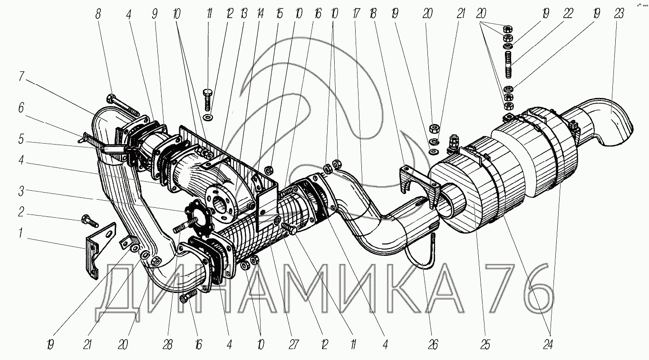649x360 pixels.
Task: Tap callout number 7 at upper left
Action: [x=21, y=76]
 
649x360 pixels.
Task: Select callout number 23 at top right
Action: [x=618, y=14]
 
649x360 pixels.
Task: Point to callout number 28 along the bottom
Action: [x=167, y=345]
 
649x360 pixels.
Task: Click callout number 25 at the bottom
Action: [x=485, y=345]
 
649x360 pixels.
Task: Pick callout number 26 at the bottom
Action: [x=433, y=345]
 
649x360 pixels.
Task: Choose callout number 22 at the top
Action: [x=568, y=14]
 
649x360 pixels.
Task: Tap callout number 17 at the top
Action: [x=356, y=14]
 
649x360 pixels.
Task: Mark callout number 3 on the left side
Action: [x=21, y=191]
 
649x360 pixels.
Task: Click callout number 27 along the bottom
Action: [x=293, y=345]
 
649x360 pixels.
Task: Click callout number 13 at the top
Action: [x=243, y=14]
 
